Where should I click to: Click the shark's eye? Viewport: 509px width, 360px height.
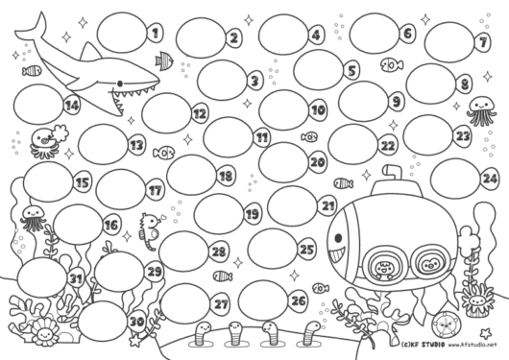[x=120, y=84]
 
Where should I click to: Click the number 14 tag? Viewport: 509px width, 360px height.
[x=72, y=105]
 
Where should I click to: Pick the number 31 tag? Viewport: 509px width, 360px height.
[x=76, y=278]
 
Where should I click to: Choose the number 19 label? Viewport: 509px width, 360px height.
[x=253, y=214]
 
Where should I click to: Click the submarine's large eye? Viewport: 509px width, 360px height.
[x=338, y=238]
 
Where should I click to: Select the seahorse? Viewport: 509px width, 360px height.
[x=150, y=231]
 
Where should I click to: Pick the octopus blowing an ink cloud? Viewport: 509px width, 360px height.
[x=48, y=141]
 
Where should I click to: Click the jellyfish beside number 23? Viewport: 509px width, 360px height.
[x=481, y=111]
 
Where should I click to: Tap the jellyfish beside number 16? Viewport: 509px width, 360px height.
[x=33, y=218]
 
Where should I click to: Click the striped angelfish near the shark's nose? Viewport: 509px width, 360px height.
[x=164, y=60]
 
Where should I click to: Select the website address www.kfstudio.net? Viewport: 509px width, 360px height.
[x=473, y=345]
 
